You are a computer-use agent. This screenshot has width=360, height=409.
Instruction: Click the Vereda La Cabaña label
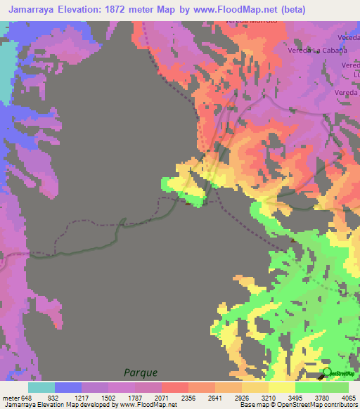(x=319, y=51)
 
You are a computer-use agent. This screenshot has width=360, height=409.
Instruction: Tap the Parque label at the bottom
(x=141, y=372)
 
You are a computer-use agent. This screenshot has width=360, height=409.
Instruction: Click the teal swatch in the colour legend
(x=41, y=387)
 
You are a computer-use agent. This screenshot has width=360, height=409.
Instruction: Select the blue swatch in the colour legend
(x=68, y=387)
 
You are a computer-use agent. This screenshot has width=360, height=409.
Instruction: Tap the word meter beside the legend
(x=11, y=397)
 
